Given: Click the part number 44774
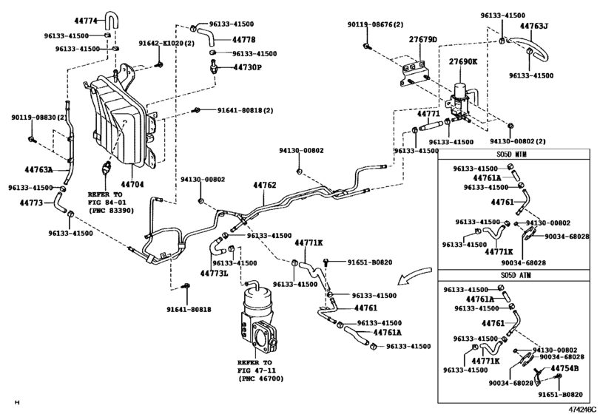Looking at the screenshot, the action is pyautogui.click(x=86, y=20).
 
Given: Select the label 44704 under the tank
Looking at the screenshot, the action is pyautogui.click(x=132, y=184).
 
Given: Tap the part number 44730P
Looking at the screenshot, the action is pyautogui.click(x=248, y=67).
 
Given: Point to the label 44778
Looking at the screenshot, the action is pyautogui.click(x=244, y=39).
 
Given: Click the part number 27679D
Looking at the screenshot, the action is pyautogui.click(x=423, y=39).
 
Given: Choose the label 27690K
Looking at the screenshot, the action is pyautogui.click(x=463, y=61).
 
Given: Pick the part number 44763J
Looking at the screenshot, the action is pyautogui.click(x=534, y=26).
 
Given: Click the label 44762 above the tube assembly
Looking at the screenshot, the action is pyautogui.click(x=265, y=186).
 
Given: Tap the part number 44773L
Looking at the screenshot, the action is pyautogui.click(x=215, y=273).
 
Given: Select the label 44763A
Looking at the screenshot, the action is pyautogui.click(x=39, y=169).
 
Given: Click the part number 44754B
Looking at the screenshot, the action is pyautogui.click(x=564, y=368).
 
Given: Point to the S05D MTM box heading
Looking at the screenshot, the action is pyautogui.click(x=513, y=155).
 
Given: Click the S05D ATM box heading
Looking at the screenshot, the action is pyautogui.click(x=513, y=275).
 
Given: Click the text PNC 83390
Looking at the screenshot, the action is pyautogui.click(x=110, y=210).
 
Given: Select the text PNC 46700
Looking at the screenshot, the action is pyautogui.click(x=261, y=379).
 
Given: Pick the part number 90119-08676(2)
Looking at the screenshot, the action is pyautogui.click(x=375, y=24).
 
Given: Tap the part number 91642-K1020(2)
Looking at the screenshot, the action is pyautogui.click(x=166, y=43).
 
